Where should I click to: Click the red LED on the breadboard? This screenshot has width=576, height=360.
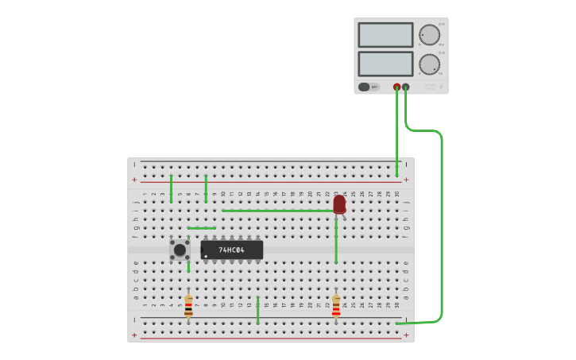click(x=339, y=204)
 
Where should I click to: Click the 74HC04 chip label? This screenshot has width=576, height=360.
click(x=231, y=250)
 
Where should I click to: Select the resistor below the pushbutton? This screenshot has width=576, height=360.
click(x=188, y=306)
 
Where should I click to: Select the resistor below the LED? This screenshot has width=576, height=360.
click(x=336, y=306)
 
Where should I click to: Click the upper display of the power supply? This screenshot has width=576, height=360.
click(x=385, y=35)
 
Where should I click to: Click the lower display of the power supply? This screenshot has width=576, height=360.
click(x=385, y=64)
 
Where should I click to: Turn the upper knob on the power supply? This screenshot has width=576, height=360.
click(x=429, y=35)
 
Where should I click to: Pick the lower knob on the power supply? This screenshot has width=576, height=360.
click(x=429, y=64)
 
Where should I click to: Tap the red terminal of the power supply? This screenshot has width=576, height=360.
click(x=397, y=87)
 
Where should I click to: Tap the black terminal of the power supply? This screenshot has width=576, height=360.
click(x=406, y=87)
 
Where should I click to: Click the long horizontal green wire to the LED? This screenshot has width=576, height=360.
click(x=278, y=211)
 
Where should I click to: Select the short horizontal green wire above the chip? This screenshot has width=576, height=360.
click(x=202, y=228)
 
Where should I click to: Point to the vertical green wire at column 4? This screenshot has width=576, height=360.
click(x=171, y=188)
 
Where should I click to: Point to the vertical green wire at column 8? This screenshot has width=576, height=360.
click(x=206, y=188)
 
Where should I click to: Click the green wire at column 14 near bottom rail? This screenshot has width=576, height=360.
click(x=257, y=310)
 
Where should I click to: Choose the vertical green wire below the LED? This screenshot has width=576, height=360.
click(x=336, y=242)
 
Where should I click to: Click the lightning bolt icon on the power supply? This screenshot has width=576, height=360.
click(x=441, y=87)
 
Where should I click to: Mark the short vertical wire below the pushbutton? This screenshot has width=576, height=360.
click(x=188, y=267)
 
